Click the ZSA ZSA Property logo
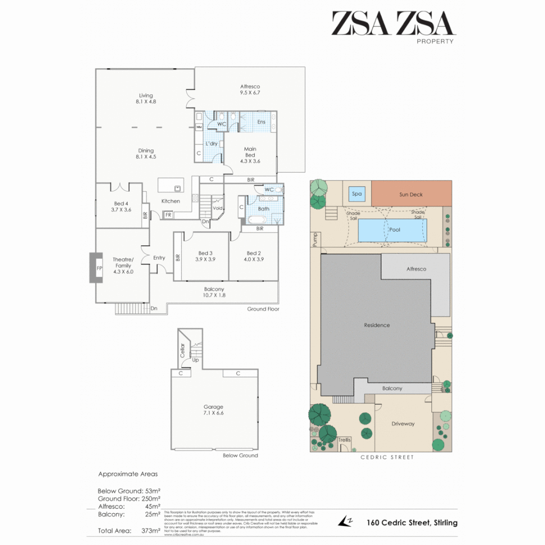click(393, 26)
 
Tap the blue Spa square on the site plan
click(357, 194)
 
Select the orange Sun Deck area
click(411, 194)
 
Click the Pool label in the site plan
click(395, 230)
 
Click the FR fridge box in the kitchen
click(168, 214)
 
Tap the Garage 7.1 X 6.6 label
click(213, 410)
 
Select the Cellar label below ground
click(182, 350)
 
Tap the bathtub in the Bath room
click(256, 220)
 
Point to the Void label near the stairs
click(218, 208)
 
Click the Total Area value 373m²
click(150, 530)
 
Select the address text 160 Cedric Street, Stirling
click(412, 523)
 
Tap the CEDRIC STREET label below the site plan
click(387, 457)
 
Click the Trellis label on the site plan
click(344, 440)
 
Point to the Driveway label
click(403, 423)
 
